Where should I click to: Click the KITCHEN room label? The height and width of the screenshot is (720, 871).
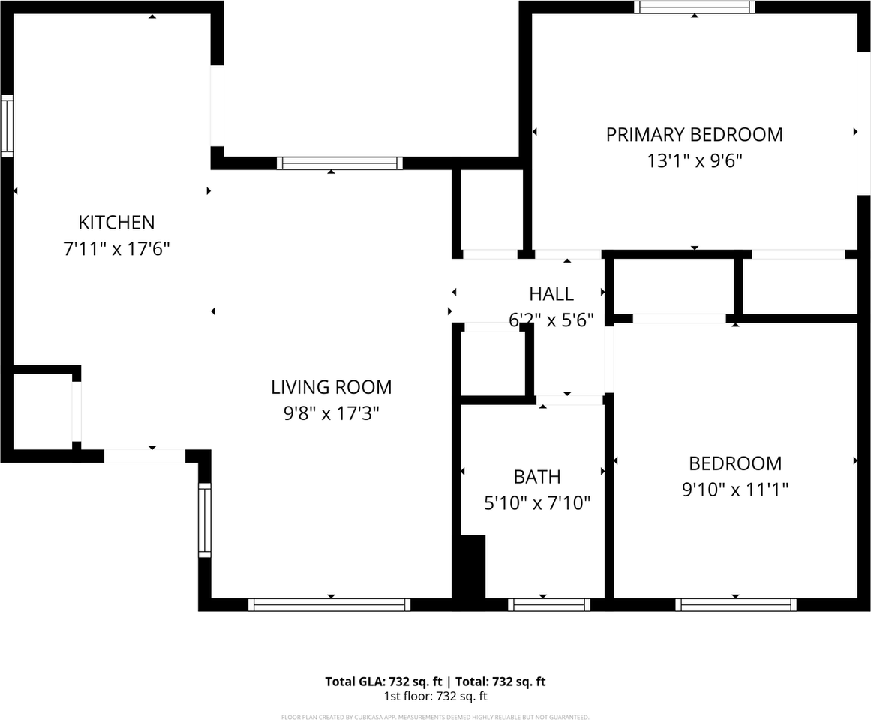(x=116, y=223)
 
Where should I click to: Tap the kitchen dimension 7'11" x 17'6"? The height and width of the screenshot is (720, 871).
(x=116, y=248)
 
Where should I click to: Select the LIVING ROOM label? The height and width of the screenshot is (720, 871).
(x=331, y=387)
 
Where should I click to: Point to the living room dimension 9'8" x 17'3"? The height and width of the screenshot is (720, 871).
(x=331, y=412)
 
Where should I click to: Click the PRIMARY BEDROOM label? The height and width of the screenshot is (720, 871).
(x=694, y=135)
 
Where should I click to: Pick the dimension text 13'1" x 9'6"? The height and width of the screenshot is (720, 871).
(x=694, y=160)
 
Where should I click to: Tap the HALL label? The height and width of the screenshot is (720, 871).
(x=551, y=294)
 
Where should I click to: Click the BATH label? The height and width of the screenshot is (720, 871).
(x=537, y=477)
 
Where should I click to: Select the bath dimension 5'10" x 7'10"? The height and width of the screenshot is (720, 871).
(x=537, y=502)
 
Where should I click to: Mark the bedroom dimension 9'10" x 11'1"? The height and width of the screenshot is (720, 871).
(x=735, y=490)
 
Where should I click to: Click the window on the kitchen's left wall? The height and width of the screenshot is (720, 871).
(x=7, y=126)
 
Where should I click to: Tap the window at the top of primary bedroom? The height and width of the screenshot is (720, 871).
(x=694, y=7)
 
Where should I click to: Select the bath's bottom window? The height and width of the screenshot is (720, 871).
(x=548, y=604)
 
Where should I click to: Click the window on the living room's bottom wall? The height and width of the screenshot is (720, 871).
(x=329, y=604)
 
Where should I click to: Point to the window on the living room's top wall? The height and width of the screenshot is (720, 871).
(x=339, y=163)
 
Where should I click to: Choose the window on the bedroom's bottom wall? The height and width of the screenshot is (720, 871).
(x=735, y=604)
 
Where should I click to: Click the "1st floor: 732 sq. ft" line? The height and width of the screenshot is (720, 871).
(x=435, y=696)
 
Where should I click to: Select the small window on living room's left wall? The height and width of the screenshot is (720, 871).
(x=204, y=520)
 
